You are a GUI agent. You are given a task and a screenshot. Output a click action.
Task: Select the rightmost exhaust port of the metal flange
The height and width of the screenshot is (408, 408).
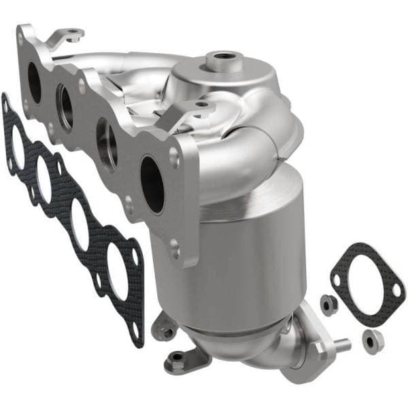(152, 184)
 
